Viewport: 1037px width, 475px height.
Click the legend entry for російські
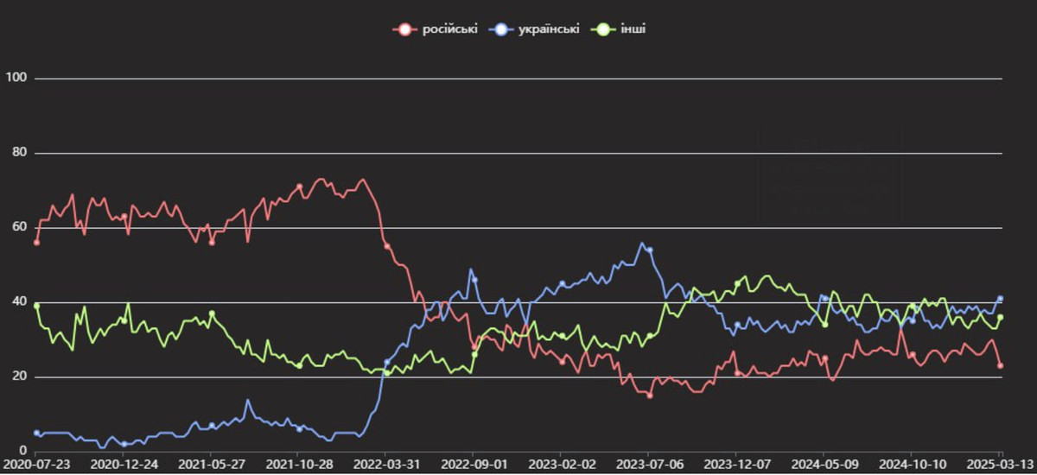(436, 29)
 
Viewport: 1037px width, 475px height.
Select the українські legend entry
(534, 29)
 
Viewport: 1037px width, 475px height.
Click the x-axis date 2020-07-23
(36, 464)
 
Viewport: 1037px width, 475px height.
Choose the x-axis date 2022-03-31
(386, 464)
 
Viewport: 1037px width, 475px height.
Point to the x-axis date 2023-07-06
(649, 464)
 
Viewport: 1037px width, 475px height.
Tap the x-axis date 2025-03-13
(1000, 464)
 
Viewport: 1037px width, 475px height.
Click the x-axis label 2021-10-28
(299, 464)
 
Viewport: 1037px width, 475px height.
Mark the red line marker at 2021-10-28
(299, 187)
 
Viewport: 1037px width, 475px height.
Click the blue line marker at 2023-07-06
(649, 250)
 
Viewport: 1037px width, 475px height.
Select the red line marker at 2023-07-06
(649, 396)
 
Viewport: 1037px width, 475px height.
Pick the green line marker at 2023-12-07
(737, 283)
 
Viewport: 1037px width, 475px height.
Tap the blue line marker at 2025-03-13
(1000, 299)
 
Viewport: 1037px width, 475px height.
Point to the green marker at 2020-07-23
(36, 306)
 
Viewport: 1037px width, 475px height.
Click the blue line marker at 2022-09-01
(474, 280)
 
